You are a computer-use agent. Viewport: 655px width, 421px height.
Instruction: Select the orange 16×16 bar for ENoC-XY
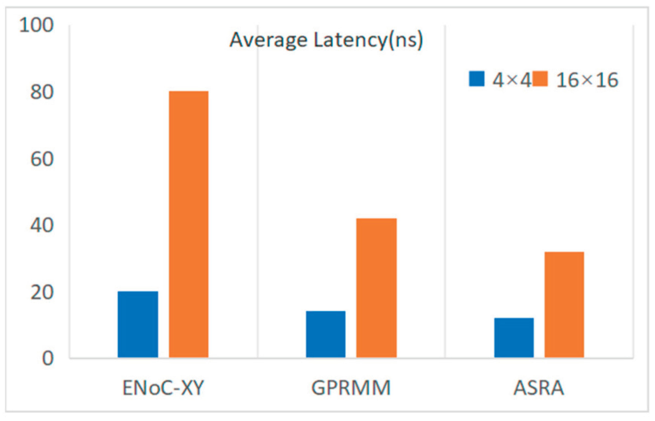pyautogui.click(x=188, y=224)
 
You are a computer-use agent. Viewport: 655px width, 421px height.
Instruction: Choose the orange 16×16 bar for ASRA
pyautogui.click(x=564, y=305)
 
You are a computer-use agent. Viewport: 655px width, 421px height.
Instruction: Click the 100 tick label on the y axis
pyautogui.click(x=36, y=25)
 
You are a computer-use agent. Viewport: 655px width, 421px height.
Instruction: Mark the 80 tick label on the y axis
pyautogui.click(x=42, y=92)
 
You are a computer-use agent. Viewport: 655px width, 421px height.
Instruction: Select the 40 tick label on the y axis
pyautogui.click(x=42, y=226)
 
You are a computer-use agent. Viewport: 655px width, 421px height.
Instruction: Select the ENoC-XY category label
pyautogui.click(x=163, y=388)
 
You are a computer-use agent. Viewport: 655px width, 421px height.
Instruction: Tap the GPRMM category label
pyautogui.click(x=351, y=388)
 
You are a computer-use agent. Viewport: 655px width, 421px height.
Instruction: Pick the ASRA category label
pyautogui.click(x=539, y=388)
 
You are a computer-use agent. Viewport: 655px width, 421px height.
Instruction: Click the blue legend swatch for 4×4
pyautogui.click(x=477, y=79)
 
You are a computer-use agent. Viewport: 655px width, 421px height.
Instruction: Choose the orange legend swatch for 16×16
pyautogui.click(x=540, y=79)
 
